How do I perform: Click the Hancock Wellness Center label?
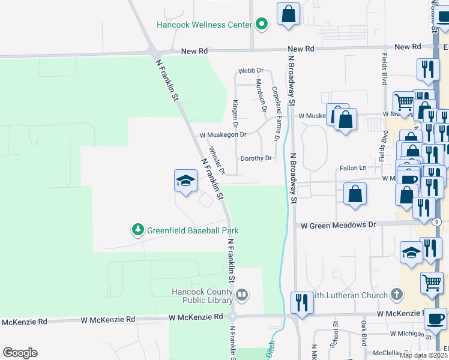(203, 25)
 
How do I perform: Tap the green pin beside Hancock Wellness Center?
(261, 25)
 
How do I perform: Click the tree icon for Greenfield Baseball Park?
(138, 229)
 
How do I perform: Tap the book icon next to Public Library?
(241, 295)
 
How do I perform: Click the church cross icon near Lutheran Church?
(396, 294)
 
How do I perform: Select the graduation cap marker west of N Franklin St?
(186, 181)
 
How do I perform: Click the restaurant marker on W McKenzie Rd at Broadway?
(301, 302)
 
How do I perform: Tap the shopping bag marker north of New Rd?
(288, 14)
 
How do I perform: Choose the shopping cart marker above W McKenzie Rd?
(432, 283)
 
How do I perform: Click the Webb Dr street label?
(251, 71)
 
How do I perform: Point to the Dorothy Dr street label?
(256, 158)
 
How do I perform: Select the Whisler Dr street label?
(217, 161)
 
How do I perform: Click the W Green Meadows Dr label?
(338, 224)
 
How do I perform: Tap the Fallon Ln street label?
(352, 168)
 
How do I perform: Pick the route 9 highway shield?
(437, 222)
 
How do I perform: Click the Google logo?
(20, 353)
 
